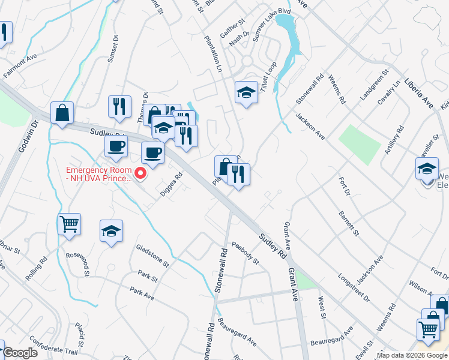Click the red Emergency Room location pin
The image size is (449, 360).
(x=141, y=174)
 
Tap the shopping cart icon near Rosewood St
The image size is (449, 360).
(x=70, y=224)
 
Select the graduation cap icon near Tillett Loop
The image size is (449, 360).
(x=246, y=92)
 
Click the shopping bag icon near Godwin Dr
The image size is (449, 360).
(x=62, y=112)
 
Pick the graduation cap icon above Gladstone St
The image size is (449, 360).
(x=112, y=231)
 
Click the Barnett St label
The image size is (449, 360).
(x=348, y=223)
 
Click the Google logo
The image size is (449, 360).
(x=19, y=353)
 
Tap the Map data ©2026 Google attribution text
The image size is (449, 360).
(x=412, y=355)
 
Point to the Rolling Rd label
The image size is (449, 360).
(x=37, y=269)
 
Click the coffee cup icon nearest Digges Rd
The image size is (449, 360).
(x=152, y=153)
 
